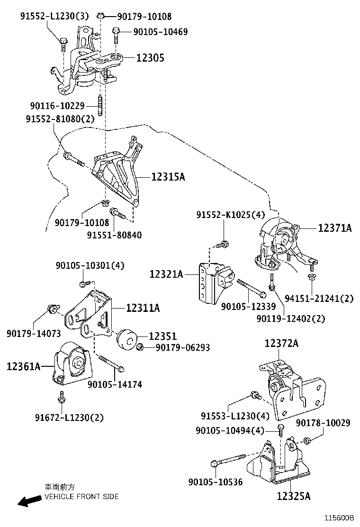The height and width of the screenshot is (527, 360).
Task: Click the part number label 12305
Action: [x=150, y=58]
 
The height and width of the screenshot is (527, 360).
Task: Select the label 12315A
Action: [x=168, y=177]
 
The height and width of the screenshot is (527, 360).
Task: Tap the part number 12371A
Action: [x=334, y=228]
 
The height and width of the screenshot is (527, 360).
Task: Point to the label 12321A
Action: [x=166, y=274]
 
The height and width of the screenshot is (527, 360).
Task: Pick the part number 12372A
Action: [x=281, y=344]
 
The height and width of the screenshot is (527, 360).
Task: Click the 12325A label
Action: [x=294, y=496]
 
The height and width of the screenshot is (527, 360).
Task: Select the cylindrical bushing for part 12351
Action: [x=126, y=339]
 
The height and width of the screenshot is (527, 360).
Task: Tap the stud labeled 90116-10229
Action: [x=101, y=106]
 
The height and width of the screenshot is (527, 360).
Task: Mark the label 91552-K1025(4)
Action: [x=231, y=215]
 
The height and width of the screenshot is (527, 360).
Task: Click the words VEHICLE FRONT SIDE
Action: [x=81, y=497]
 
